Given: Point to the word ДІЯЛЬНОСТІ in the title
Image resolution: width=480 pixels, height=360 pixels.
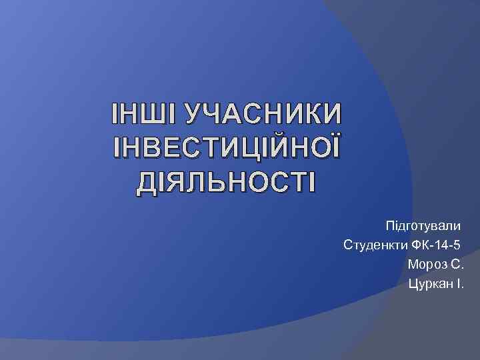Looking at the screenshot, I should coord(227,180).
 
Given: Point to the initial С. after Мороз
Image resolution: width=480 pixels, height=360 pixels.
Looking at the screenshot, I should coord(457,264).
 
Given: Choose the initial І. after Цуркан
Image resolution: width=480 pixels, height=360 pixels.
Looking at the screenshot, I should coord(458,285).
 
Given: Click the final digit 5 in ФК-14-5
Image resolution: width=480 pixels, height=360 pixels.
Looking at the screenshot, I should coord(457,243).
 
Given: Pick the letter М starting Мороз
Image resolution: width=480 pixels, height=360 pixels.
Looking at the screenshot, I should coord(412,264).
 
